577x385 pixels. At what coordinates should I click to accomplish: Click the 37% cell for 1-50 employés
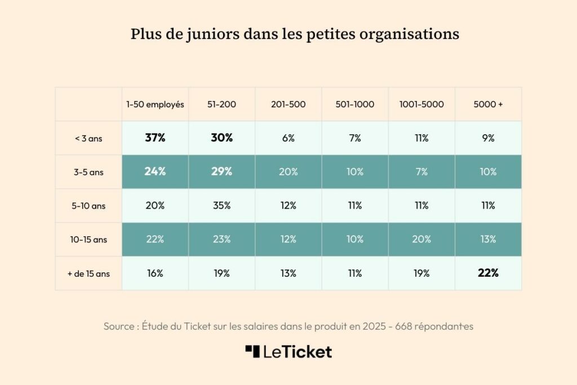[x=155, y=138]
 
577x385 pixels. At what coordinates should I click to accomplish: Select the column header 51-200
[x=221, y=104]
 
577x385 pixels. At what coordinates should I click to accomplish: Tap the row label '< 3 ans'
[x=88, y=138]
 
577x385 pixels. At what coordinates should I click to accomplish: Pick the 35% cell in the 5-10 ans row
[x=221, y=206]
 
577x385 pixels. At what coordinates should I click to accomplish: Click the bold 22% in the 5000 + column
[x=488, y=273]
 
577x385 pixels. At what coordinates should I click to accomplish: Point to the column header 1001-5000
[x=421, y=104]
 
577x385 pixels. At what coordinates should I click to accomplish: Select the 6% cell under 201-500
[x=288, y=138]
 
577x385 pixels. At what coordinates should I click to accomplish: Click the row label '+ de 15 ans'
[x=88, y=273]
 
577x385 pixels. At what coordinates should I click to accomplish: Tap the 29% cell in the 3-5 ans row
[x=221, y=171]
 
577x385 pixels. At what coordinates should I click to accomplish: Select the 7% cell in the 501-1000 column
[x=355, y=138]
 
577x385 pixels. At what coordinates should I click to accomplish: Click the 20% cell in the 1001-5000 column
[x=421, y=240]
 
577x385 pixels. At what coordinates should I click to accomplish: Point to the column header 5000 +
[x=488, y=104]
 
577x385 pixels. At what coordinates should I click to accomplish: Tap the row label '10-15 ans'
[x=88, y=240]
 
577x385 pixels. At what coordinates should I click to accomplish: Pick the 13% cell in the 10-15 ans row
[x=488, y=240]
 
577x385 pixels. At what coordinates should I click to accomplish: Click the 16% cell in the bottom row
[x=155, y=273]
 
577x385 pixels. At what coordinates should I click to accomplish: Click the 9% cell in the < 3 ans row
[x=488, y=138]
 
